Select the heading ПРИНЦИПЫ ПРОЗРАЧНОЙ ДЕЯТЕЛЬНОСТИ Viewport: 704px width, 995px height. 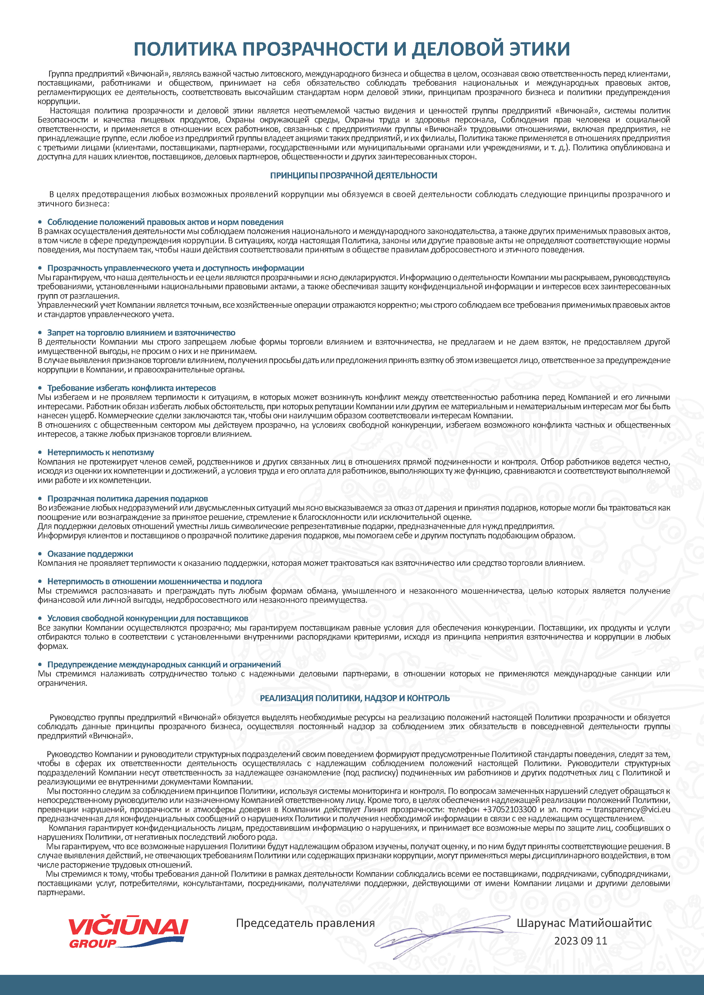click(353, 176)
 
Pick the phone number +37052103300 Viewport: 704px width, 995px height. click(509, 810)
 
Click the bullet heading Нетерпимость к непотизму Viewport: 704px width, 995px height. click(100, 452)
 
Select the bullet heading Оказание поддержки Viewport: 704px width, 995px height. click(90, 554)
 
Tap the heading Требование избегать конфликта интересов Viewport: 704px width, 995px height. click(131, 388)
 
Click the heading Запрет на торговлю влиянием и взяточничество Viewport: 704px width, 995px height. click(141, 333)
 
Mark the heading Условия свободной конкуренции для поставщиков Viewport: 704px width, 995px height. click(147, 618)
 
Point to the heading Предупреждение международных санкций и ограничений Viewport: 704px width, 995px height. click(164, 664)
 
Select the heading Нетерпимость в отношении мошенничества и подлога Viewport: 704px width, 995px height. click(154, 581)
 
